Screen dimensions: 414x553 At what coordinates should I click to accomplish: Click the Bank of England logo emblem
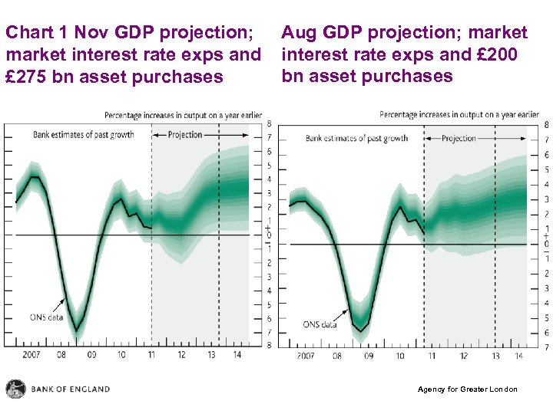[x=15, y=389]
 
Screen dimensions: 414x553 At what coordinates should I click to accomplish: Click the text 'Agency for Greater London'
[x=467, y=389]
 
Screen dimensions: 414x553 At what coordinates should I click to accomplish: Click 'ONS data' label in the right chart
[x=320, y=324]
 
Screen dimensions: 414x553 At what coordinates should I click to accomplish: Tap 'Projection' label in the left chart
[x=185, y=135]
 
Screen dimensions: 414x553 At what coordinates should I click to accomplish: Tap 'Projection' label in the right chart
[x=459, y=139]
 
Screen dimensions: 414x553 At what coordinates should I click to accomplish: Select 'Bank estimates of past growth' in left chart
[x=84, y=135]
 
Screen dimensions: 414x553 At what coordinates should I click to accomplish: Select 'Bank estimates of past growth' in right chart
[x=356, y=139]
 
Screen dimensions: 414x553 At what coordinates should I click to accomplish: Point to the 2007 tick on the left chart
[x=31, y=355]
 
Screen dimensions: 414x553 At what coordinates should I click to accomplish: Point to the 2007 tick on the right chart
[x=305, y=356]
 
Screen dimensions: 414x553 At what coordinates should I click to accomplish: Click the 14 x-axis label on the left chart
[x=237, y=355]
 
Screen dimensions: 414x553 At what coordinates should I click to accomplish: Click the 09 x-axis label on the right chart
[x=369, y=356]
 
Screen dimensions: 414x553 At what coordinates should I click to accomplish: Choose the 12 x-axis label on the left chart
[x=181, y=355]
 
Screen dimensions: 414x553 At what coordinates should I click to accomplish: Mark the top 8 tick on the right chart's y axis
[x=546, y=125]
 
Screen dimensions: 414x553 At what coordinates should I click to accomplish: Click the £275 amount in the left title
[x=30, y=77]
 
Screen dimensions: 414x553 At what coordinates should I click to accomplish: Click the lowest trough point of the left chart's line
[x=76, y=331]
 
